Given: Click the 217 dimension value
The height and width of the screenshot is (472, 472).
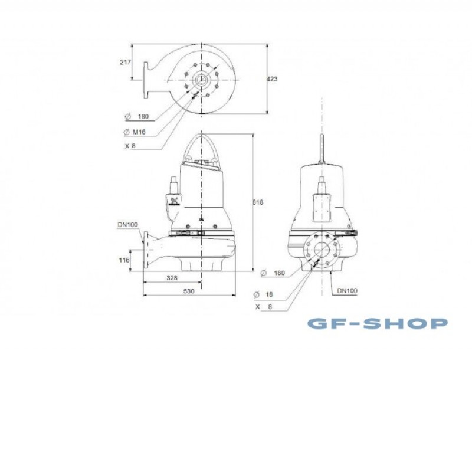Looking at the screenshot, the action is coord(126,62).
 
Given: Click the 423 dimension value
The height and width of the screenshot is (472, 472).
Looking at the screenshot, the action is coord(272,79).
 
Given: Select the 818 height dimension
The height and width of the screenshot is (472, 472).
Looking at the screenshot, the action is coord(258,202).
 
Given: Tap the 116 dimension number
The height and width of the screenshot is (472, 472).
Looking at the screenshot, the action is coord(124,260).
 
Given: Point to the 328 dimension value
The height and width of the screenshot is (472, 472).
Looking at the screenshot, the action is coord(172,278).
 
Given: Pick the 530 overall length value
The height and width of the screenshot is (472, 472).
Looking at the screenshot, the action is coord(189,291).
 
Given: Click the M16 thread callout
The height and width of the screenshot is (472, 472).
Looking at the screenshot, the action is coord(135,132).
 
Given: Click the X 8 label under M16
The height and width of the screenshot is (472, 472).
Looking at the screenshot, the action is coord(130,146).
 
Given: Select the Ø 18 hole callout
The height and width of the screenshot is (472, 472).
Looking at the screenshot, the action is coord(263,294).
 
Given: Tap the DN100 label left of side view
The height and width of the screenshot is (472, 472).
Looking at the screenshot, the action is coord(127,225).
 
